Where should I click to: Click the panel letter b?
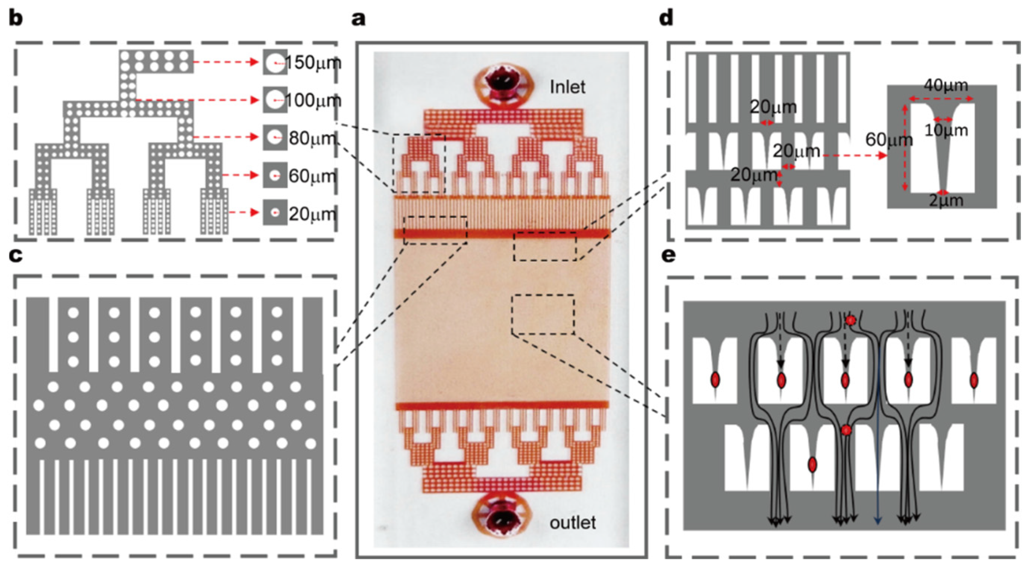pos(16,19)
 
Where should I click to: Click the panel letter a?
pos(358,19)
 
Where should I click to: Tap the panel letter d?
pos(667,19)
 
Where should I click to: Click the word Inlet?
pos(567,87)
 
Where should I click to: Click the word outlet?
pos(573,523)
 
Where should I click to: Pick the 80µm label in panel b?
pos(312,138)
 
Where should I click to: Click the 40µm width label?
pos(946,85)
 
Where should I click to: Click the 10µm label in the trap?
pos(946,131)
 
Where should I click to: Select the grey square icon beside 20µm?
pos(275,213)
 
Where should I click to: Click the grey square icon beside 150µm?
pos(275,62)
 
